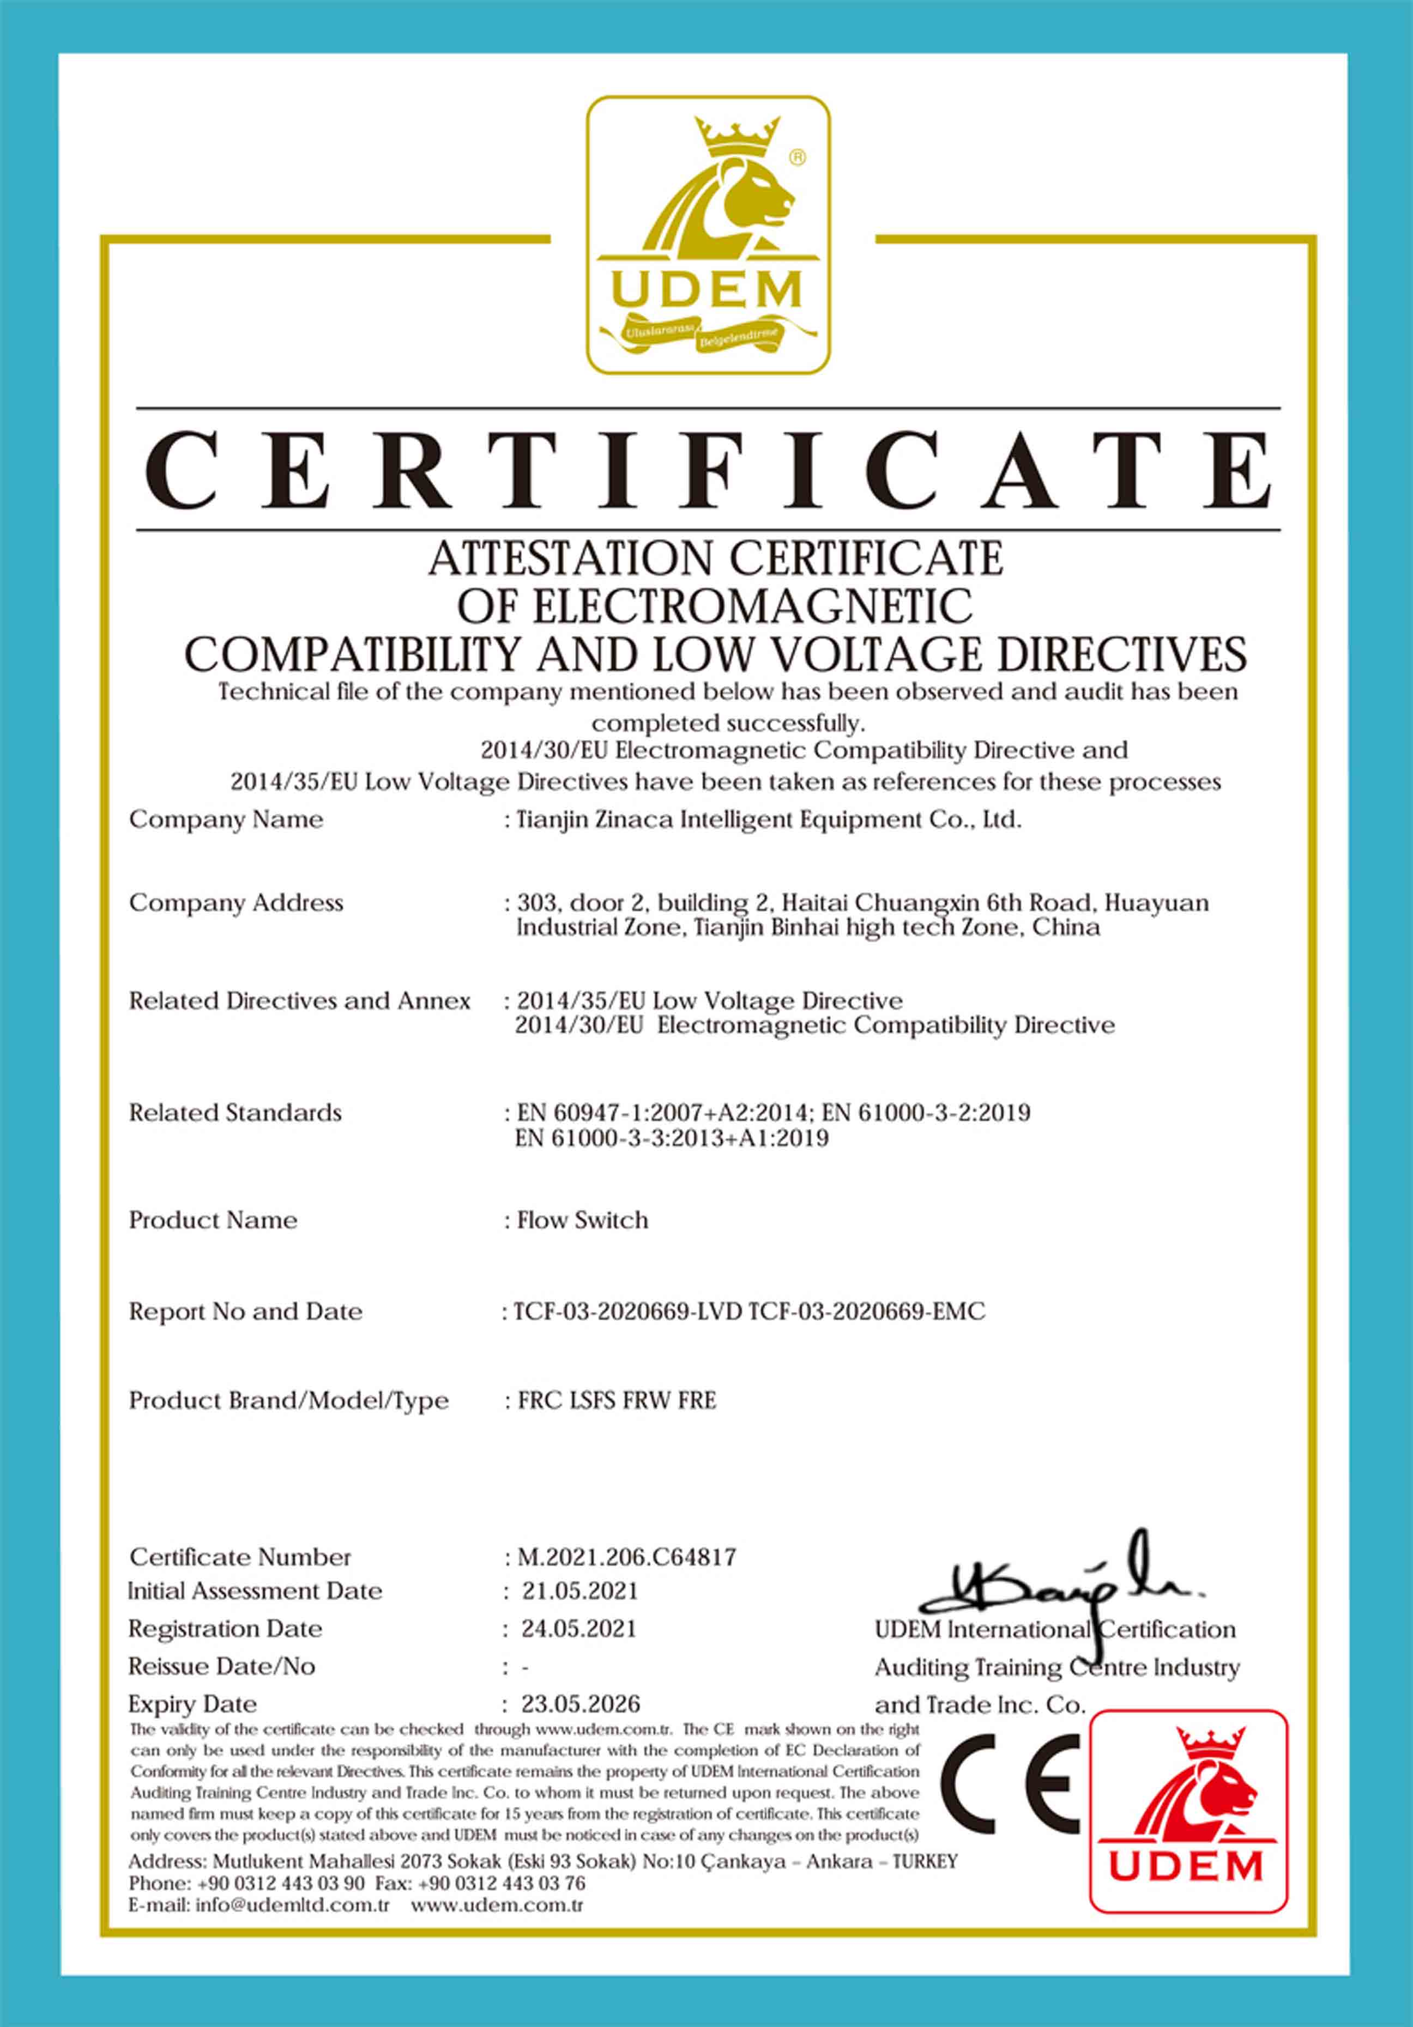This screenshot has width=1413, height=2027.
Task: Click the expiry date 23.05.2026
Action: (x=580, y=1703)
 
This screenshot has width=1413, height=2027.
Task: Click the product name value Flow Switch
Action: (x=582, y=1220)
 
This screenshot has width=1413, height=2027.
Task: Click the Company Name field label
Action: (x=226, y=820)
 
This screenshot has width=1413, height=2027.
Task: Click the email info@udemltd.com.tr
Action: (x=292, y=1904)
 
